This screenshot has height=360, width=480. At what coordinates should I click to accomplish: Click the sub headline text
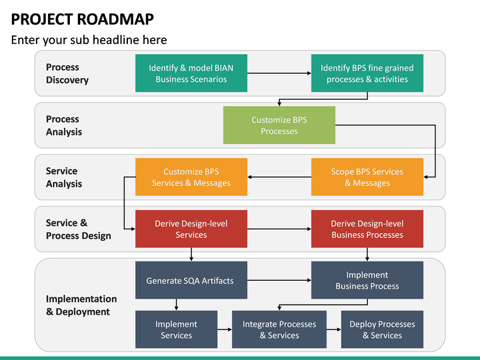point(89,40)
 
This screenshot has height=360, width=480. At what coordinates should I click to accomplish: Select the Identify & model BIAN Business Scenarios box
point(191,73)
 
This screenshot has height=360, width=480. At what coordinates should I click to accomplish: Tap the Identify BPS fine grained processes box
point(367,73)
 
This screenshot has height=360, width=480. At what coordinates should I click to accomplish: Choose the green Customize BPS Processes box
point(279,125)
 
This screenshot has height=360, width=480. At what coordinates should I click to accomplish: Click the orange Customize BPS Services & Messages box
point(191,177)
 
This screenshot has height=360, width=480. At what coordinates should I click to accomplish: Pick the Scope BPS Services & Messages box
point(367,177)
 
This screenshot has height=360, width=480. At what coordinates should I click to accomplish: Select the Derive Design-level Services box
point(191,229)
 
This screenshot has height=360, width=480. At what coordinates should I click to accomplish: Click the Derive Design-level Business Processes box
point(367,229)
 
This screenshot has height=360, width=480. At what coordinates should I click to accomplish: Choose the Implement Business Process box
point(367,281)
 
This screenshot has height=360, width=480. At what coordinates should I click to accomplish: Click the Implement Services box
point(176,329)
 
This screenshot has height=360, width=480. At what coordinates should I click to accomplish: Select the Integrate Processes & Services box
point(279,329)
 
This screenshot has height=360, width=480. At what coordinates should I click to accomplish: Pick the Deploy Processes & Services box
point(382,329)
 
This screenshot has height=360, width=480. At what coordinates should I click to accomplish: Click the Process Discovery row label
point(67,73)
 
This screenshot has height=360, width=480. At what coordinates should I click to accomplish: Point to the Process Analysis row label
point(64,125)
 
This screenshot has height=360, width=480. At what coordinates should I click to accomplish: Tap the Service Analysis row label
point(64,177)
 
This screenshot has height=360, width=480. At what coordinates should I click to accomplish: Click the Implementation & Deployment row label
point(81,305)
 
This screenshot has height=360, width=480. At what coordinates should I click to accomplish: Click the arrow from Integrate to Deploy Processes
point(333,329)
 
